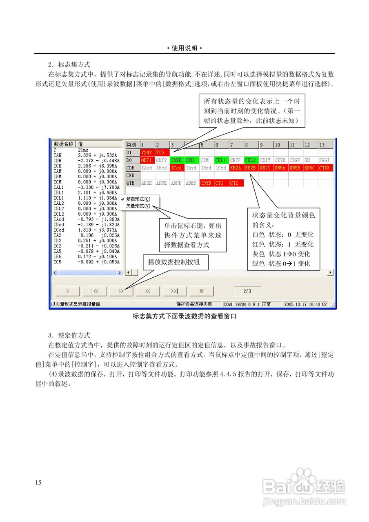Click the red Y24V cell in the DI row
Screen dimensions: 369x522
coord(146,153)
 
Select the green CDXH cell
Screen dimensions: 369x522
coord(176,160)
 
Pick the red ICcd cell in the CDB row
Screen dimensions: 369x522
coord(176,168)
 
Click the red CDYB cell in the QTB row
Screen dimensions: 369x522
coord(206,183)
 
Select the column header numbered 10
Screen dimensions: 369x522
coord(280,145)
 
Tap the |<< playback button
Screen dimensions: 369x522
coord(94,291)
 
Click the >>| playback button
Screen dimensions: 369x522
coord(175,291)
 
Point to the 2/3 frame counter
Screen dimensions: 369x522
coord(247,291)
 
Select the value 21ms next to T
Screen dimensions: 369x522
coord(83,150)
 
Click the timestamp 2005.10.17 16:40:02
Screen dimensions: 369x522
coord(305,304)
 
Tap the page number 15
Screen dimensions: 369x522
coord(38,483)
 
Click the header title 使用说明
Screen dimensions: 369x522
coord(184,48)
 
